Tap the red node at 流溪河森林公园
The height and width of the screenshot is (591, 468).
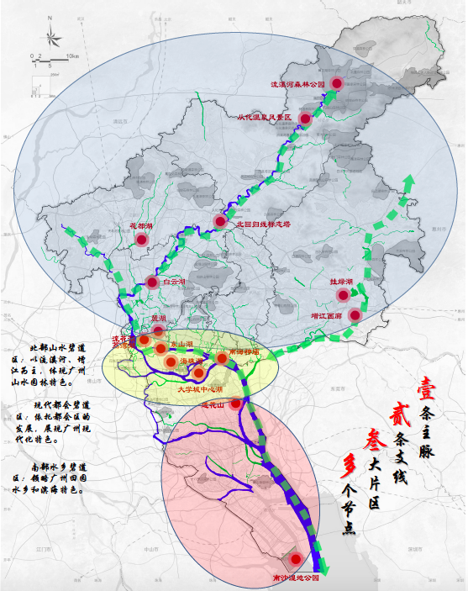337,83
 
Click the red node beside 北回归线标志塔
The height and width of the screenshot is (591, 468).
220,222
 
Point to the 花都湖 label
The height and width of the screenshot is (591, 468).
142,226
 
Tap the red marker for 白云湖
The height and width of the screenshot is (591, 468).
152,282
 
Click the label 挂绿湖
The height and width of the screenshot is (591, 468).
341,282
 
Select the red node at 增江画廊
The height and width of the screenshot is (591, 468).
355,315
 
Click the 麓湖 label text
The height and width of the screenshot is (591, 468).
159,319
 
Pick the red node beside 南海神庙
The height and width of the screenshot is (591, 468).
222,359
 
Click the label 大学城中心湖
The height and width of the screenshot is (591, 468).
199,389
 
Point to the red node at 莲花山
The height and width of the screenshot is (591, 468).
236,404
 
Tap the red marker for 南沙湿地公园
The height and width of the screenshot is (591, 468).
295,559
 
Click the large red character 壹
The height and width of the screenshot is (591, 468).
427,389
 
